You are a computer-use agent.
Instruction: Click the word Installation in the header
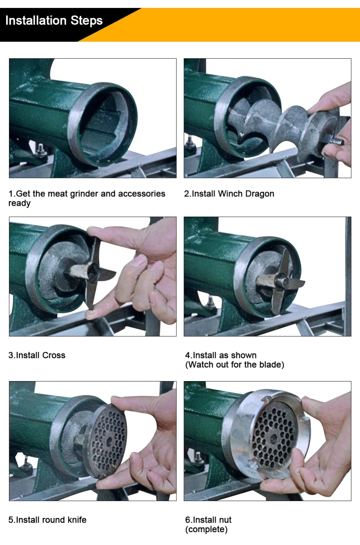[36, 21]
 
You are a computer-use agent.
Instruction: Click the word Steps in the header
[86, 21]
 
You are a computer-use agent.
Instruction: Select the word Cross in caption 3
[54, 355]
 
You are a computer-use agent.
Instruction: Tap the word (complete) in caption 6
[206, 529]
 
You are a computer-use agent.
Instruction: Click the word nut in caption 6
[225, 520]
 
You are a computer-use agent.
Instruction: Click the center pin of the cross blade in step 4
[282, 281]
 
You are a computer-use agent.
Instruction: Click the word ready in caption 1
[19, 204]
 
